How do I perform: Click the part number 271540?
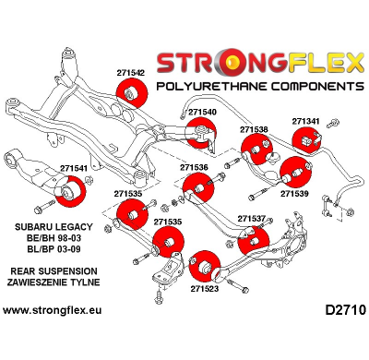202,112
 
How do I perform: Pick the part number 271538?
254,129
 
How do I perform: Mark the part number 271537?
251,219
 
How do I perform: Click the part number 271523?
205,288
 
